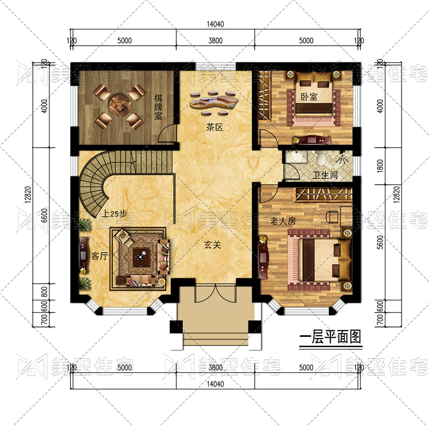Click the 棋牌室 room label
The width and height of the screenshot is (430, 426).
tap(158, 107)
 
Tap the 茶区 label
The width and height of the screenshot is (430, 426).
tap(214, 127)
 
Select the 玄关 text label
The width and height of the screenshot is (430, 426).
tap(212, 245)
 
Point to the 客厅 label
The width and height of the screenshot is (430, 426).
tap(99, 256)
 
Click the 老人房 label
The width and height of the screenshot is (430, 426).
tap(283, 221)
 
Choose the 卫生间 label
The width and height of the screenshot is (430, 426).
tap(325, 175)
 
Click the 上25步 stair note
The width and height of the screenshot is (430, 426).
tap(114, 214)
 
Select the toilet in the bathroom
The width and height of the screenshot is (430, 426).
tap(320, 158)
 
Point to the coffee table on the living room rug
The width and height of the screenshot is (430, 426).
tap(141, 257)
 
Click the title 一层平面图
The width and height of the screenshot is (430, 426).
tap(331, 337)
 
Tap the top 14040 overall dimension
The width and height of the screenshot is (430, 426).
tap(216, 24)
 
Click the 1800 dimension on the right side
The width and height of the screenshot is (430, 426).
tap(380, 166)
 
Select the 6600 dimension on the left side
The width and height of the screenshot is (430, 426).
tap(45, 216)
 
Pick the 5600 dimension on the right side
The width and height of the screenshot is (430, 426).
tap(380, 242)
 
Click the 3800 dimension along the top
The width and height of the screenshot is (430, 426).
tap(216, 41)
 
